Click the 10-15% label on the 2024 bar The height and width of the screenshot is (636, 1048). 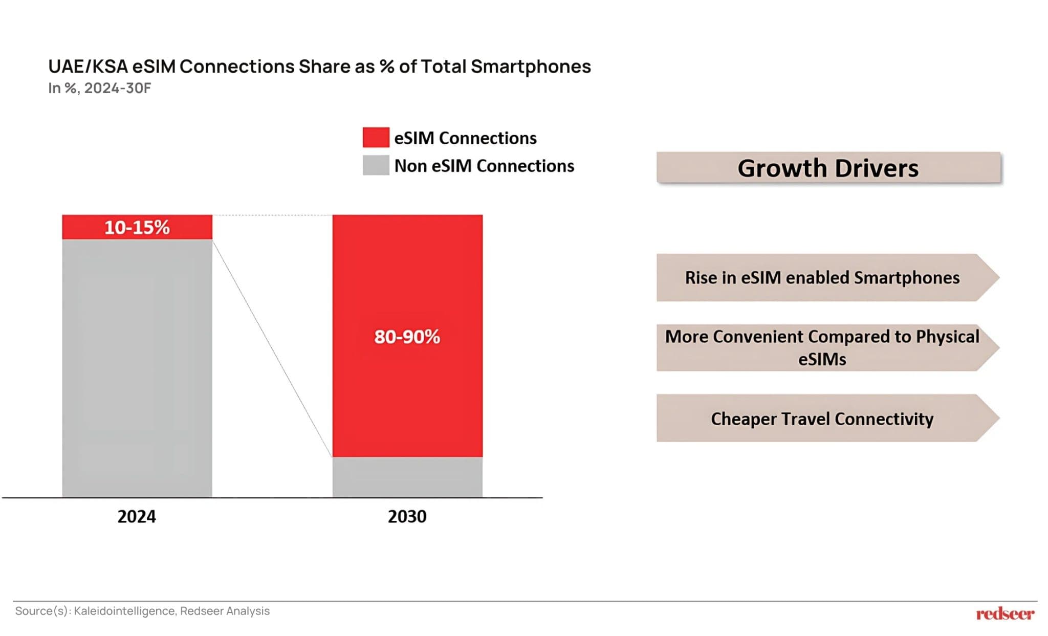pyautogui.click(x=137, y=227)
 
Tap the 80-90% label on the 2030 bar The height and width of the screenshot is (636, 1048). pyautogui.click(x=407, y=336)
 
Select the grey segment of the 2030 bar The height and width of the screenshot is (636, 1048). pyautogui.click(x=407, y=477)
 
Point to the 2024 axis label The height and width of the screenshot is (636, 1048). pyautogui.click(x=137, y=516)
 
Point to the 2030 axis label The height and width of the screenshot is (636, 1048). pyautogui.click(x=407, y=516)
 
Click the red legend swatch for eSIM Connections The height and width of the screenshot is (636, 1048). pyautogui.click(x=376, y=138)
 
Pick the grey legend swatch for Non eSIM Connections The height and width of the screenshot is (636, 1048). pyautogui.click(x=376, y=165)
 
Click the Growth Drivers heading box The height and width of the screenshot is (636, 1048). pyautogui.click(x=828, y=168)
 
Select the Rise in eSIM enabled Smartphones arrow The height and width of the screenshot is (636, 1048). pyautogui.click(x=822, y=277)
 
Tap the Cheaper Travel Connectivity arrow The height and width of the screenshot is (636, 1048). pyautogui.click(x=822, y=418)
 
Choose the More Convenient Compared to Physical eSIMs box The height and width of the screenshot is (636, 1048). pyautogui.click(x=822, y=347)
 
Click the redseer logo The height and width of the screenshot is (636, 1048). pyautogui.click(x=1005, y=613)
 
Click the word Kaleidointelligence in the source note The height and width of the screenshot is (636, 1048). pyautogui.click(x=124, y=611)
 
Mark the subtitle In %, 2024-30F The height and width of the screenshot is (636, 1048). pyautogui.click(x=99, y=88)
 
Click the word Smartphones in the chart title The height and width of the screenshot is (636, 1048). pyautogui.click(x=531, y=67)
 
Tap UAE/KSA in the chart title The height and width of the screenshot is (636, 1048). pyautogui.click(x=88, y=67)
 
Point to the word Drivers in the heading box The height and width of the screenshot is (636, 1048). pyautogui.click(x=876, y=168)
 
